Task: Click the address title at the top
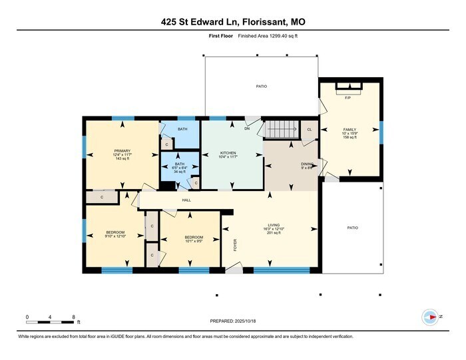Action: point(233,22)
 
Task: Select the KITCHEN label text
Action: point(228,152)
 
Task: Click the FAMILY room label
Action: point(349,129)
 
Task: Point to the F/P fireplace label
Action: point(348,98)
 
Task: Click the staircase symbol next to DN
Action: point(280,128)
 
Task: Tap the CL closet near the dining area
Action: point(309,129)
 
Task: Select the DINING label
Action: point(307,163)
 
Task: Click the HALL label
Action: point(187,200)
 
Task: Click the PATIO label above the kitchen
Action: point(262,87)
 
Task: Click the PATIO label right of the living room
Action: point(352,228)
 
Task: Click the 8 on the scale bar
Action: point(73,316)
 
